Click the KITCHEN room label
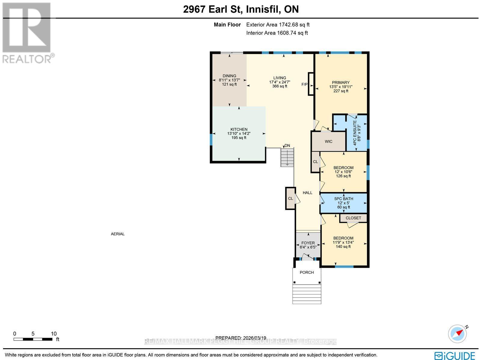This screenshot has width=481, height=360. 239,130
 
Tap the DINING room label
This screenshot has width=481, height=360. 229,76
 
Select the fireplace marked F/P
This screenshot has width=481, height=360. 311,84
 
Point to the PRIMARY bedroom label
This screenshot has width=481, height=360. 341,83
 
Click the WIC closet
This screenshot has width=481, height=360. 328,141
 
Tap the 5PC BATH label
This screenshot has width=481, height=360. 344,199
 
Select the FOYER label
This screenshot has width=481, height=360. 308,243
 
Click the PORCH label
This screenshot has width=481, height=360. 307,272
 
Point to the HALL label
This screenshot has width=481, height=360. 307,193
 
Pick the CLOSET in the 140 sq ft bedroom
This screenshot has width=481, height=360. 353,218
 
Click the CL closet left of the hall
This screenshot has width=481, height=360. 290,198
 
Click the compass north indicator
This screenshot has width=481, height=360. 458,333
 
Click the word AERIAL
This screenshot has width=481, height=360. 118,234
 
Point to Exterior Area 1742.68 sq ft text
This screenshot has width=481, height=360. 278,25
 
